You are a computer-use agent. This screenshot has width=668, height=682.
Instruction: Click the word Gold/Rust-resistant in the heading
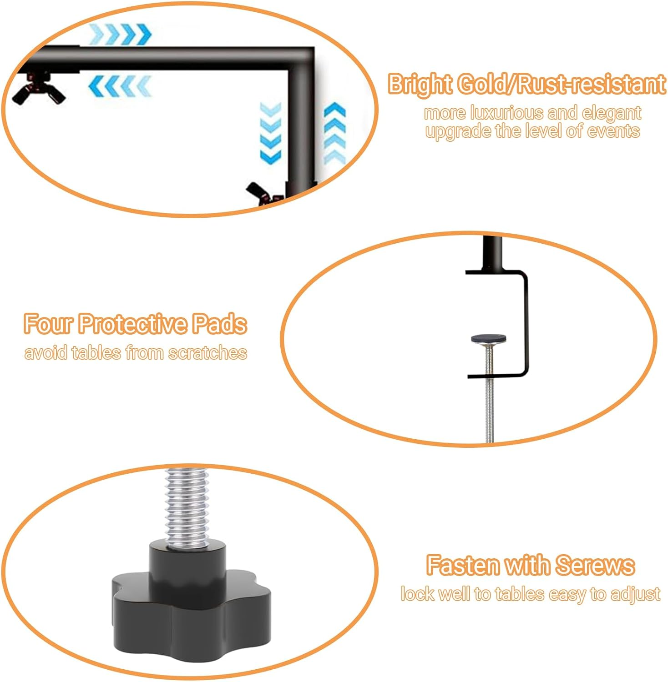(562, 85)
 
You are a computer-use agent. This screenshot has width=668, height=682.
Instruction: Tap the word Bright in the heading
(420, 85)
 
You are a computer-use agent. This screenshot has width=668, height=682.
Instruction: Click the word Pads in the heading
(219, 324)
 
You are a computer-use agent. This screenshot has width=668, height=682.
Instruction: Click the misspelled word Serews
(595, 565)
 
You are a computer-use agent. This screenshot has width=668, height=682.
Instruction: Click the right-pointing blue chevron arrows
(120, 34)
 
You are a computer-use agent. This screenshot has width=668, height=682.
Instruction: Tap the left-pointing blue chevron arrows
(120, 85)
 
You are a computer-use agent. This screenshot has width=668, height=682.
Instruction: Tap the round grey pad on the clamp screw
(489, 339)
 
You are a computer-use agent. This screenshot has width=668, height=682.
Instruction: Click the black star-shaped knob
(191, 600)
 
